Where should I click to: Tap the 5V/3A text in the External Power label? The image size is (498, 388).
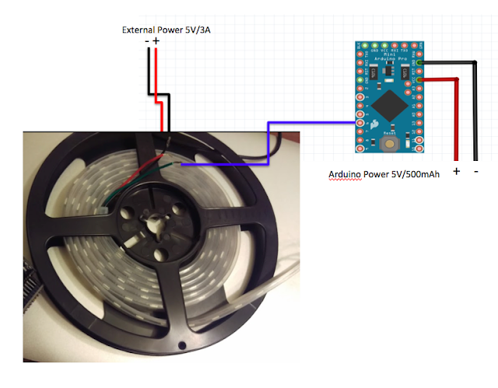195,30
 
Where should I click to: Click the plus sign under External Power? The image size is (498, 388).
156,41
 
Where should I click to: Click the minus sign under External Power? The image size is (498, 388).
146,41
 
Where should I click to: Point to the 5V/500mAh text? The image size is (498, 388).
413,174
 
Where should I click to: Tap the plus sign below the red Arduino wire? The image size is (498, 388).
456,171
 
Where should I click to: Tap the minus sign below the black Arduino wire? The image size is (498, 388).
475,171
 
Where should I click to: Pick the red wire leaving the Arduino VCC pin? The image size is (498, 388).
454,117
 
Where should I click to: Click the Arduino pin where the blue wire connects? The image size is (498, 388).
359,123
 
